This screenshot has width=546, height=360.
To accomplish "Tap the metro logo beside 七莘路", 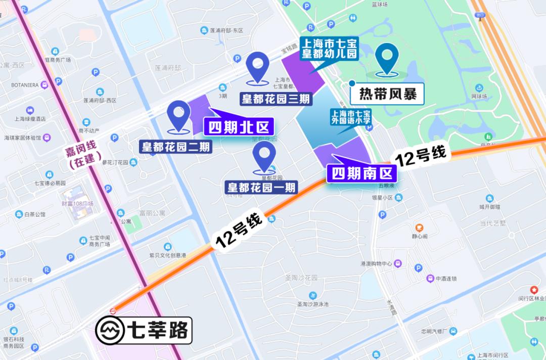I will [110, 330].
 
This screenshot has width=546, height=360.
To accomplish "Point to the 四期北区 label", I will [238, 126].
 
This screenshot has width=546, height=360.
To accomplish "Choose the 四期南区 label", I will [361, 173].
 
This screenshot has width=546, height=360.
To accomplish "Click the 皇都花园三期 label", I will [275, 99].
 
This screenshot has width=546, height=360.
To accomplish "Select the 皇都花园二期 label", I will [176, 147].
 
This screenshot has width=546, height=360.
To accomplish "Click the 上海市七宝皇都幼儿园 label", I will [329, 49].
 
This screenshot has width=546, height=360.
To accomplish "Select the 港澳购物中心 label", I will [377, 263].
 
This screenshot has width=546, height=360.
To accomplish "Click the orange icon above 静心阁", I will [419, 227].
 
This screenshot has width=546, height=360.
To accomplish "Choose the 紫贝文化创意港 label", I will [167, 255].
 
